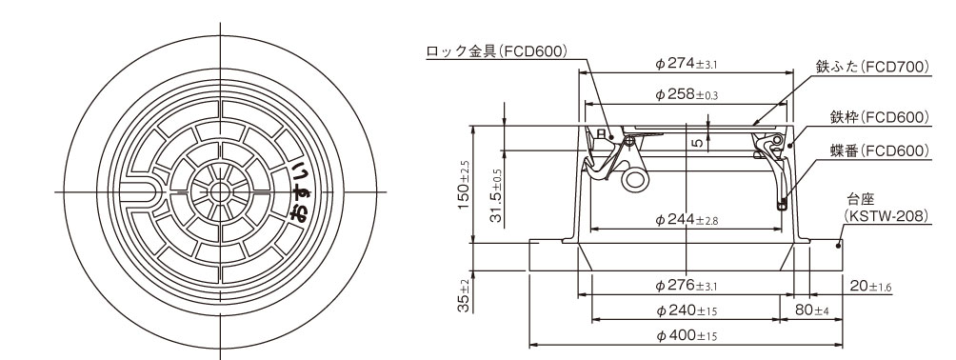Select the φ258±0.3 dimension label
point(687,94)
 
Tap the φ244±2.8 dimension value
point(687,220)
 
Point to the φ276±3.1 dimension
point(687,285)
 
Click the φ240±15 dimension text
point(687,310)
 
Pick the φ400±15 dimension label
point(687,335)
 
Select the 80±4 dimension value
point(813,310)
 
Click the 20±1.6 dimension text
point(870,285)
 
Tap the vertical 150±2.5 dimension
point(464,185)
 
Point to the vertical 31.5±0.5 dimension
point(497,195)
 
